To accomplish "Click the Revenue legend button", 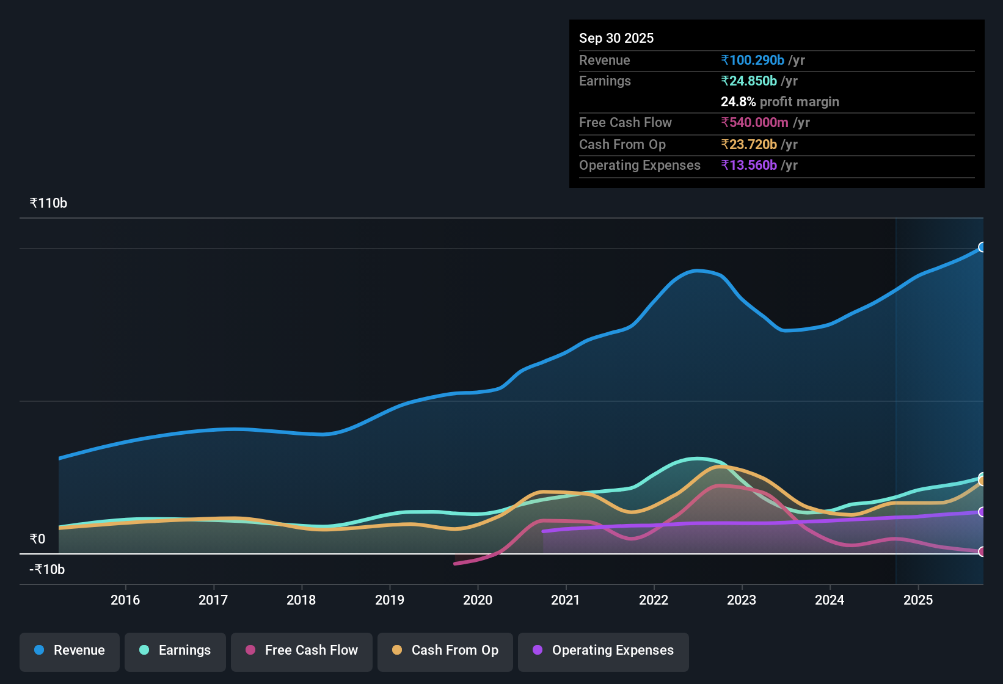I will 70,650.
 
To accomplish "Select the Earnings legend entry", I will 175,650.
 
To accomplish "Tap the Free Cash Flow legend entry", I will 302,650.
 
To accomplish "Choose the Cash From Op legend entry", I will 445,650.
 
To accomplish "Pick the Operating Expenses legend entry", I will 604,650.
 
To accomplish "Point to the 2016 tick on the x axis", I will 125,600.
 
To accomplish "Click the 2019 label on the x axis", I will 390,600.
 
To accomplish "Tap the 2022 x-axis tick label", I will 654,600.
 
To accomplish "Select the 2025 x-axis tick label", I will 918,600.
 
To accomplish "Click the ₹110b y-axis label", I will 48,203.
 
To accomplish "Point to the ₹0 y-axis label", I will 37,539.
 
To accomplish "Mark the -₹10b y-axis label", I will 47,569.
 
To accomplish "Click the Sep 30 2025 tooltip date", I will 616,38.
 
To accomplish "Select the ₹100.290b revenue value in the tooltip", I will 753,60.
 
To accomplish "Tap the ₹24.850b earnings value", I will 749,81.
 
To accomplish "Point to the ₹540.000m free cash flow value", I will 754,122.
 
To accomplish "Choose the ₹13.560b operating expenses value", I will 749,165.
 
